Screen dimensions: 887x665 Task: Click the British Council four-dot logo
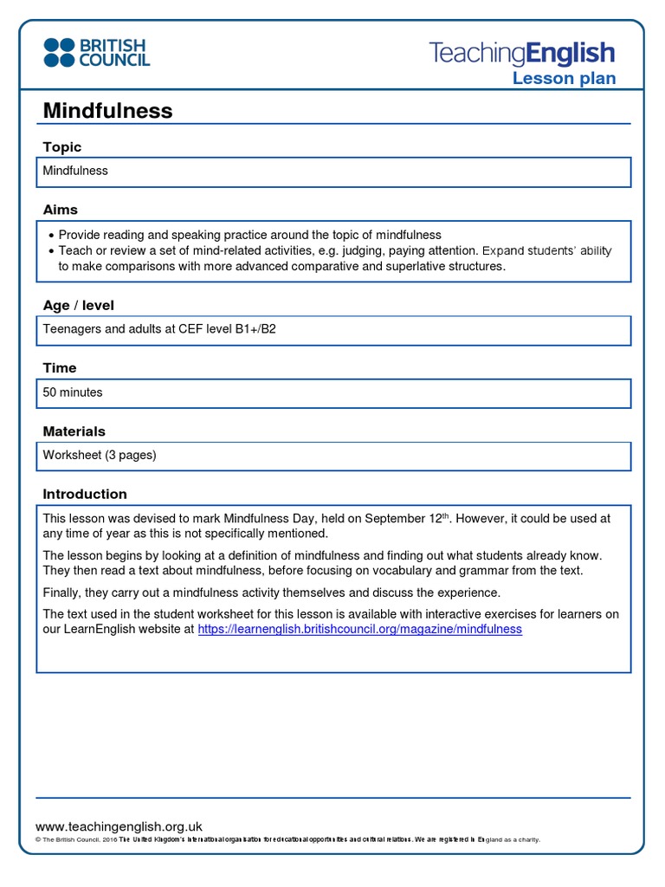60,52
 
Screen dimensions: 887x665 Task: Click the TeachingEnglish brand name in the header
522,53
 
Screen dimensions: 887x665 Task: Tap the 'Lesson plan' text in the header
564,79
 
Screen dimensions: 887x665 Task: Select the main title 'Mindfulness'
107,111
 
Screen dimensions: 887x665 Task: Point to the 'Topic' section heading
62,147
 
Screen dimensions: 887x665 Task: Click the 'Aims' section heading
61,210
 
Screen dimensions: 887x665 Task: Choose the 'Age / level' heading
79,306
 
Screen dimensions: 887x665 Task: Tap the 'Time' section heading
60,368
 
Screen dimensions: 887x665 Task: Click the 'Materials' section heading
74,431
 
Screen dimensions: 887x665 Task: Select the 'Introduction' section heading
85,494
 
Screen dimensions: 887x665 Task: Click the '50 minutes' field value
73,392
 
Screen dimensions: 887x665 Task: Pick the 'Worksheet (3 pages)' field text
100,455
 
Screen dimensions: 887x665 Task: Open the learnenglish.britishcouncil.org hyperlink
359,630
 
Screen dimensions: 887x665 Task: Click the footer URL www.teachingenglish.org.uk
119,826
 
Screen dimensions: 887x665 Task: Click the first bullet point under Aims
52,236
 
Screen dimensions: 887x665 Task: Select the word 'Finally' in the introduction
61,592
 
